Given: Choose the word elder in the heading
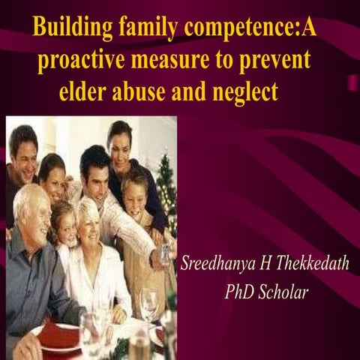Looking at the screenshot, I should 85,93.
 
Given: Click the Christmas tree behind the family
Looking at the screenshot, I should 166,191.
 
